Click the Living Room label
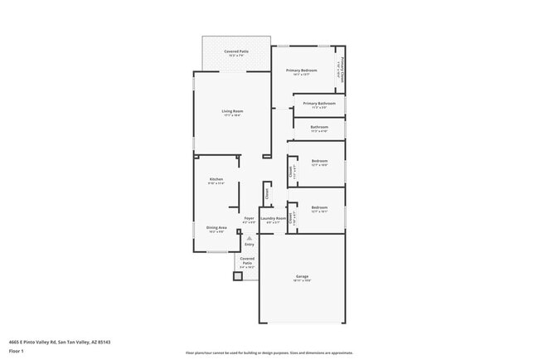(x=231, y=111)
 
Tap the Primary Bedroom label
(x=302, y=71)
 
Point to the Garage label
(x=302, y=276)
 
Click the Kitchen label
(x=216, y=179)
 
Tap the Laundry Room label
(x=273, y=218)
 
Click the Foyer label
(x=249, y=218)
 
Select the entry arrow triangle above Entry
(x=249, y=237)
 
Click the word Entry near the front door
(x=249, y=245)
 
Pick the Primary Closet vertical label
(x=340, y=69)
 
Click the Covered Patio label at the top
(x=236, y=51)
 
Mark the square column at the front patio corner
(x=237, y=276)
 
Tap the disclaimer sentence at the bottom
(x=269, y=353)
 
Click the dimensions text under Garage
(x=302, y=281)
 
